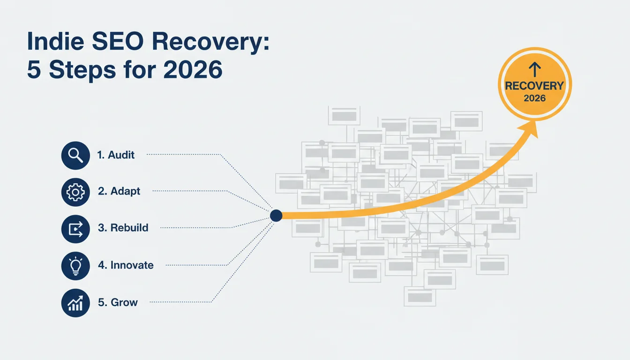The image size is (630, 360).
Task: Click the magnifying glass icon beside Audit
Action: (x=75, y=155)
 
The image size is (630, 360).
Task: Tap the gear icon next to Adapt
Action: (x=75, y=192)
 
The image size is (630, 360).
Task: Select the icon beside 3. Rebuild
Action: (x=75, y=229)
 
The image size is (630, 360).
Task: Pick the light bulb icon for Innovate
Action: (x=75, y=266)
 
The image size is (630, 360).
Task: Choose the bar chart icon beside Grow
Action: (x=75, y=303)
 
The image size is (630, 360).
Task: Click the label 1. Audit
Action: (x=116, y=155)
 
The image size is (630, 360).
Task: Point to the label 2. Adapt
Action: (x=119, y=191)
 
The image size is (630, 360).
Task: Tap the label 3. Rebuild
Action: (x=123, y=228)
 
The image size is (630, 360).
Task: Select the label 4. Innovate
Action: (x=126, y=265)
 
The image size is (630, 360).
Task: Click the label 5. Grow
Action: (x=118, y=302)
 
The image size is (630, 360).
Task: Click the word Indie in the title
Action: (x=55, y=41)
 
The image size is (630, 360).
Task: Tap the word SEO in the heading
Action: (x=118, y=41)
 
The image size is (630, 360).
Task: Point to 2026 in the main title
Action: (x=193, y=69)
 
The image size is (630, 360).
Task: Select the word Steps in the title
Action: (x=82, y=70)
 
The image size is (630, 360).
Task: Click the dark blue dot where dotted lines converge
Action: (x=276, y=216)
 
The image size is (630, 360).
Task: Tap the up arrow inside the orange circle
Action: (x=535, y=69)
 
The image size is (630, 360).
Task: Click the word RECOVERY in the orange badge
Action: (x=534, y=86)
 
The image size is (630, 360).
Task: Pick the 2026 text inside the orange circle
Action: (x=535, y=98)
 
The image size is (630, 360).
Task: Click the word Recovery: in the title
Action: (x=210, y=43)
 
